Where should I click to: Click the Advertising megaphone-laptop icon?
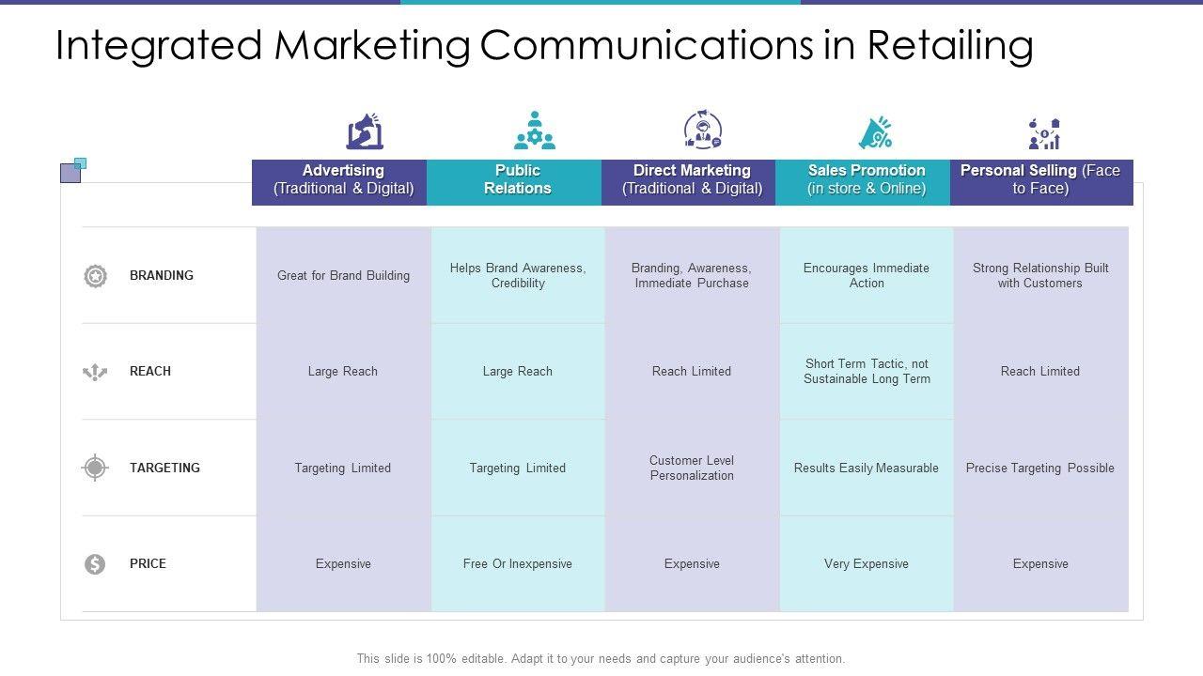pyautogui.click(x=365, y=131)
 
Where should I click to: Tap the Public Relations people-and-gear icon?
pyautogui.click(x=535, y=130)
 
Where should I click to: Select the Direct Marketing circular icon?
pyautogui.click(x=702, y=129)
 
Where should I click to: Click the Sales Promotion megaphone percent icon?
pyautogui.click(x=875, y=132)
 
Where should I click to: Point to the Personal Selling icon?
pyautogui.click(x=1044, y=133)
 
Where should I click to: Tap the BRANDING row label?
pyautogui.click(x=161, y=275)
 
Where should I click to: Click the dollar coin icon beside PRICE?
pyautogui.click(x=95, y=564)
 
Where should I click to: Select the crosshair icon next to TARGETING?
pyautogui.click(x=95, y=468)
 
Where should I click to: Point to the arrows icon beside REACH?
pyautogui.click(x=95, y=372)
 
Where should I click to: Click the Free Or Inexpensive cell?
pyautogui.click(x=518, y=564)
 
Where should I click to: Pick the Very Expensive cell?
pyautogui.click(x=867, y=564)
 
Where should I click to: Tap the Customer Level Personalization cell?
pyautogui.click(x=692, y=468)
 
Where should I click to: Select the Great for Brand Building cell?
pyautogui.click(x=343, y=275)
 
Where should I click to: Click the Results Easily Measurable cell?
pyautogui.click(x=867, y=468)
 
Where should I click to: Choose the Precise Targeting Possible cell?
pyautogui.click(x=1040, y=468)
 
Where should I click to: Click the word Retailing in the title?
pyautogui.click(x=950, y=46)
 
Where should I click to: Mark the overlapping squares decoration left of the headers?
pyautogui.click(x=73, y=170)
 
